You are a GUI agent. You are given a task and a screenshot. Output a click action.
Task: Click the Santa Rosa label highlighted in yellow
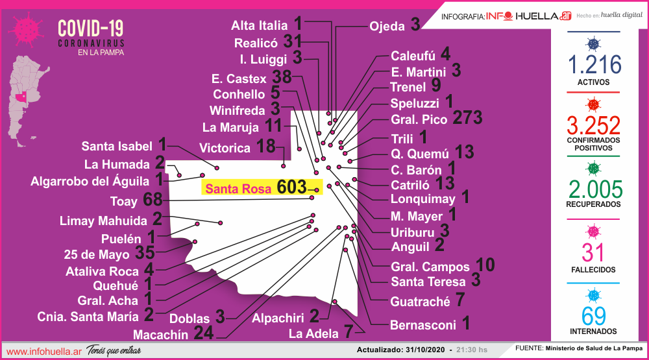[x=239, y=189]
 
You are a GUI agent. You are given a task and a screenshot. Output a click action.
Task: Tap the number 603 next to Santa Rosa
[x=291, y=187]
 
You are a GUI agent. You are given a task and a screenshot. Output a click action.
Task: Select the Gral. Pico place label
[x=419, y=120]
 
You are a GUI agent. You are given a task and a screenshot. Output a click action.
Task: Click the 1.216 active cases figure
[x=594, y=65]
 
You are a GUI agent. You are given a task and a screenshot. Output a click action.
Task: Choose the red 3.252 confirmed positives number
[x=594, y=125]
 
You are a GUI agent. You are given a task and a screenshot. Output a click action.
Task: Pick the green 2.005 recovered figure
[x=594, y=189]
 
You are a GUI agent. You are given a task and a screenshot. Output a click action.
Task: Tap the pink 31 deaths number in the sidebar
[x=594, y=253]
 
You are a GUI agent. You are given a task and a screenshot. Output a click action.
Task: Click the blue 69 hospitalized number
[x=594, y=316]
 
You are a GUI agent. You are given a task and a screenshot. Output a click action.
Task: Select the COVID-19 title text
[x=90, y=29]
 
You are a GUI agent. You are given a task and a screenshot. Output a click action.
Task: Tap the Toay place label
[x=124, y=201]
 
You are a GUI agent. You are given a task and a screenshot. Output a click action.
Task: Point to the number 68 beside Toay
[x=153, y=199]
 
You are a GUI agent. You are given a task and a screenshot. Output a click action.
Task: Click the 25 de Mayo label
[x=97, y=254]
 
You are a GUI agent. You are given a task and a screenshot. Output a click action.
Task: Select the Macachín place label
[x=160, y=335]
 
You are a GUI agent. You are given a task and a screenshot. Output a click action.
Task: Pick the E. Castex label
[x=239, y=79]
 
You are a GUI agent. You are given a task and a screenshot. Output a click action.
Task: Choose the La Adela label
[x=313, y=334]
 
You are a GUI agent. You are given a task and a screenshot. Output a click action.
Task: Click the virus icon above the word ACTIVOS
[x=592, y=43]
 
